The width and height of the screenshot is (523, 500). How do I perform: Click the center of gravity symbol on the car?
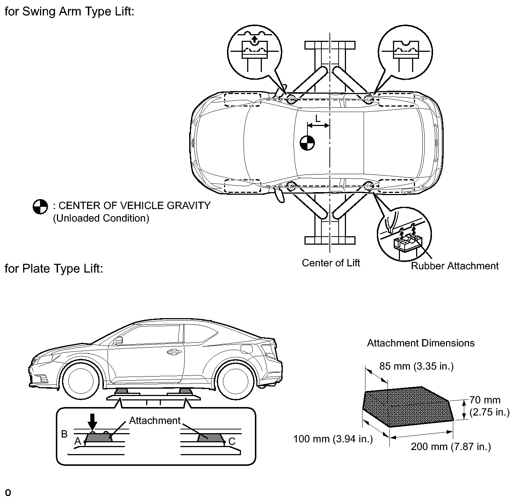(307, 143)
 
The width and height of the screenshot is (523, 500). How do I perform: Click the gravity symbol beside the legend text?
(40, 207)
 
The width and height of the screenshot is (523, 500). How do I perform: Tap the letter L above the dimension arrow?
(318, 118)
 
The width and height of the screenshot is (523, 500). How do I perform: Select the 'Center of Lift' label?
(331, 263)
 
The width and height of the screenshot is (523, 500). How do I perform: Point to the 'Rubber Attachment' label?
(455, 266)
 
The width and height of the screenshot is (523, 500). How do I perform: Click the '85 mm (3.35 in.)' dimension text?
(416, 366)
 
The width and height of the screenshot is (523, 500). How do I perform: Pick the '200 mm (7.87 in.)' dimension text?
(451, 446)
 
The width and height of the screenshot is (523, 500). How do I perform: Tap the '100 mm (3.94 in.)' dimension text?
(333, 439)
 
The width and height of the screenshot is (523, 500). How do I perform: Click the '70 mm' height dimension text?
(485, 400)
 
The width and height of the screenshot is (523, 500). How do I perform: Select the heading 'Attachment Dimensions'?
(421, 343)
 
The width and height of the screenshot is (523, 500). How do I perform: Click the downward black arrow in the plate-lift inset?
(92, 422)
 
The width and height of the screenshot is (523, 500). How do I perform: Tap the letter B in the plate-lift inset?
(64, 434)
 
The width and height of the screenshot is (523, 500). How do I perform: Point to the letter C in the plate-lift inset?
(232, 441)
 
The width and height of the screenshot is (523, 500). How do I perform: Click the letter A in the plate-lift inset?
(77, 441)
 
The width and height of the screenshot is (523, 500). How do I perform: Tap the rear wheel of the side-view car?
(236, 381)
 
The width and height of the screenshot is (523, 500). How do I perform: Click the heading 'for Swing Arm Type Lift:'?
(69, 11)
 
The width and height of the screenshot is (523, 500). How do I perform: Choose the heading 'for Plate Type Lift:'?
(54, 269)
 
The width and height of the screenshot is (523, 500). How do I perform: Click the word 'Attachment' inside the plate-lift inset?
(155, 420)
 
